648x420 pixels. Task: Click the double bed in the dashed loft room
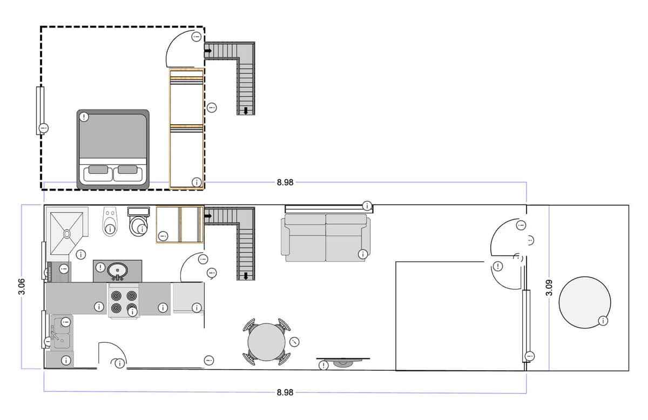point(113,149)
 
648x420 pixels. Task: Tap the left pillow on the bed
point(98,170)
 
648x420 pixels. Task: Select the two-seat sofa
point(326,238)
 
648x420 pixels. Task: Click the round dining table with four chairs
point(266,342)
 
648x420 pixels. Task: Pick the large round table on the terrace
point(585,302)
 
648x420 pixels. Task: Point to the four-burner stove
point(124,301)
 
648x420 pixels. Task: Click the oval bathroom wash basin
point(118,270)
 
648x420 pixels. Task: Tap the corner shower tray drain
point(67,233)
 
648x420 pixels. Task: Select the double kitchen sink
point(62,333)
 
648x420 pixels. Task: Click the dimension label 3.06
point(22,286)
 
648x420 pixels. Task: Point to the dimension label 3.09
point(549,288)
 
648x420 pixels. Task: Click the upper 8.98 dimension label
point(285,182)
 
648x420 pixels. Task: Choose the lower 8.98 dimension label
point(285,392)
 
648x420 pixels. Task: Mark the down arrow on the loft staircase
point(246,111)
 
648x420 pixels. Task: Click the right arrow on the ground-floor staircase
point(208,216)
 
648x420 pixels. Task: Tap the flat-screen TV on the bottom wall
point(343,362)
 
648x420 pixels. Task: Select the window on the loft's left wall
point(40,111)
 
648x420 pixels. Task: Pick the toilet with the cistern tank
point(139,221)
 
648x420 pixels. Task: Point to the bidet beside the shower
point(110,221)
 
